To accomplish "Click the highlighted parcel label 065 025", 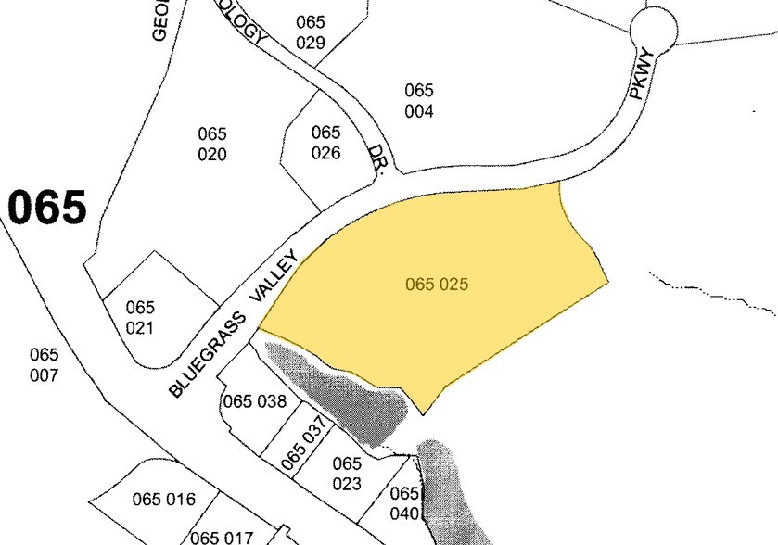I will click(436, 284).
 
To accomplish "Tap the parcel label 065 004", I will click(419, 101).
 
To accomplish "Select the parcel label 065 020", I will click(212, 144).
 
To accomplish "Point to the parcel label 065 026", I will click(325, 143).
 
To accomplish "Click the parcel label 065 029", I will click(311, 32).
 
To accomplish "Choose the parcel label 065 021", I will click(140, 317).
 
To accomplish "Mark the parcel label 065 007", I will click(44, 364).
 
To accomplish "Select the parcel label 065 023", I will click(346, 473).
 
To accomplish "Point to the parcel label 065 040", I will click(405, 503).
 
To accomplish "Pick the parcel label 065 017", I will click(222, 537).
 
